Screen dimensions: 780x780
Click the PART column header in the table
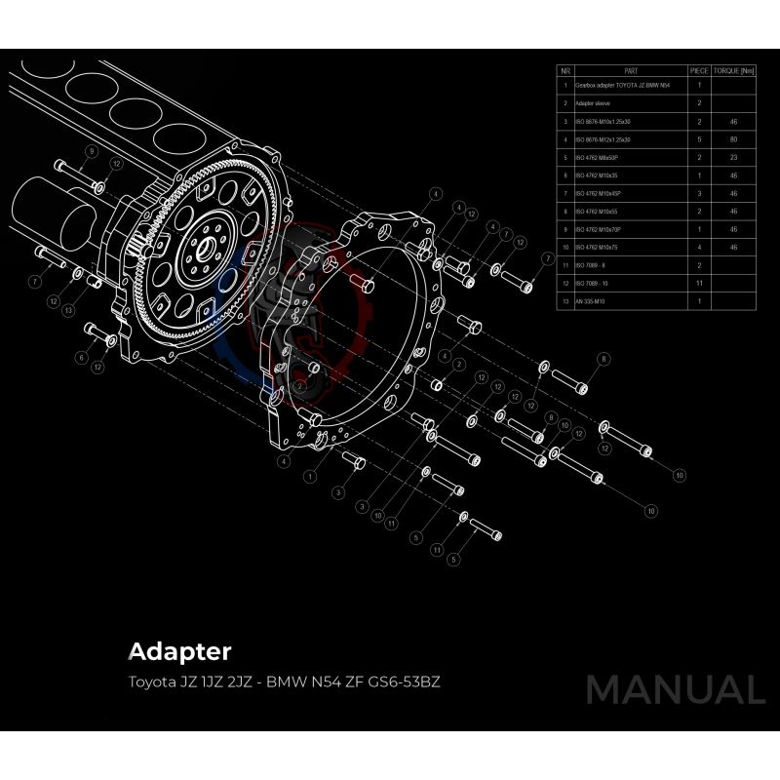tap(631, 71)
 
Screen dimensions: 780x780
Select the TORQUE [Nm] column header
tap(733, 71)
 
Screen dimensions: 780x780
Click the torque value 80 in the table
tap(733, 139)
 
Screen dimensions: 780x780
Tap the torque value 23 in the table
tap(733, 158)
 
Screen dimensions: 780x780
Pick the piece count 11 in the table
tap(699, 283)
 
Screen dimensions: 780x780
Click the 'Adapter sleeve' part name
tap(590, 103)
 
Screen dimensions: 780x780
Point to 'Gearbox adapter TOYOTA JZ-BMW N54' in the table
tap(621, 86)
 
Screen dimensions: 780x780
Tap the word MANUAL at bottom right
tap(675, 689)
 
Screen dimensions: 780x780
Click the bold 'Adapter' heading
tap(179, 650)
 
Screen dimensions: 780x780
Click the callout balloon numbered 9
tap(91, 152)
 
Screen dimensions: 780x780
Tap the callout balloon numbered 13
tap(68, 310)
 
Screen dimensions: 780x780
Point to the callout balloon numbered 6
tap(81, 358)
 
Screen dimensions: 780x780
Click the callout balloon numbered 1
tap(309, 477)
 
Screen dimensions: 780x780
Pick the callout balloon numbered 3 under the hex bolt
tap(337, 493)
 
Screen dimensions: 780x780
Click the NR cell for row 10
tap(565, 248)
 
